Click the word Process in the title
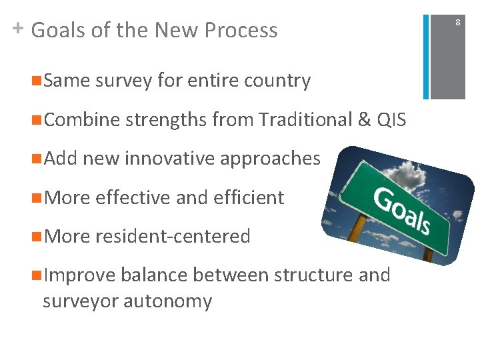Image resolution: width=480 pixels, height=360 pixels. (241, 31)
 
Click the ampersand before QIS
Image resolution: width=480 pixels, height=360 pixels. (364, 120)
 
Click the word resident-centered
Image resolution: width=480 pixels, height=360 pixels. (173, 237)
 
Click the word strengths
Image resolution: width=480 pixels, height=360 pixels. (166, 121)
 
